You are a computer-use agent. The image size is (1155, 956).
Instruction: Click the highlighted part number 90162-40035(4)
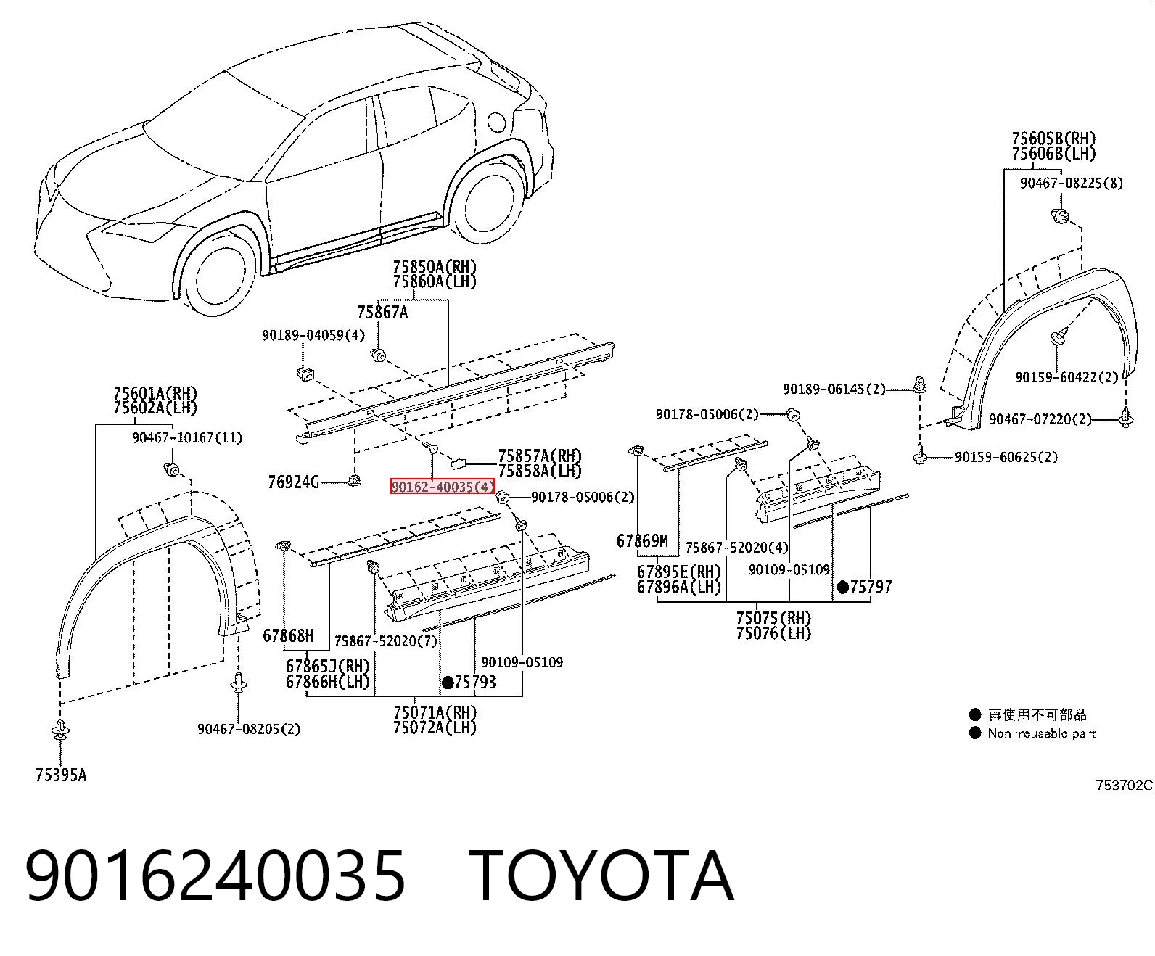(x=442, y=487)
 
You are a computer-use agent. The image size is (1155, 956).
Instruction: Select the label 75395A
(x=61, y=775)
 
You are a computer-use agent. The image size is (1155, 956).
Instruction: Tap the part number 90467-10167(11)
(x=187, y=437)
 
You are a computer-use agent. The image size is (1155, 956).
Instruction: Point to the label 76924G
(x=293, y=482)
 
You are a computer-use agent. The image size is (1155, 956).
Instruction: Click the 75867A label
(x=383, y=313)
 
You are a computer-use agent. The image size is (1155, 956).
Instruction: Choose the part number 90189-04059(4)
(x=313, y=335)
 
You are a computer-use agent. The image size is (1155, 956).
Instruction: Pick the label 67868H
(x=288, y=635)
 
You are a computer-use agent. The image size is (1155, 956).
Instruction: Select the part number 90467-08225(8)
(x=1072, y=183)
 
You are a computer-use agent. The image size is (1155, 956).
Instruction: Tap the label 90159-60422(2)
(x=1066, y=377)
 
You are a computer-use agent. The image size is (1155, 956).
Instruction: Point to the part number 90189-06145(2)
(x=834, y=389)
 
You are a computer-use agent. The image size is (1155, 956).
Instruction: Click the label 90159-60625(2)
(x=1006, y=457)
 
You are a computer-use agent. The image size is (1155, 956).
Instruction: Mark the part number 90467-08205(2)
(x=249, y=729)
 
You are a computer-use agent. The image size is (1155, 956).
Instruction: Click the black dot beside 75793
(x=448, y=683)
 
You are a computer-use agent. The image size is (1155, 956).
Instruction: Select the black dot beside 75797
(x=843, y=587)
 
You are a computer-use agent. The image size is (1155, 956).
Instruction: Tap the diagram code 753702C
(x=1125, y=785)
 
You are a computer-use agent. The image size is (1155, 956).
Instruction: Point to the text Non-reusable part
(x=1042, y=733)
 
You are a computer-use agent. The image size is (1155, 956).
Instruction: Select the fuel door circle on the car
(x=496, y=123)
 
